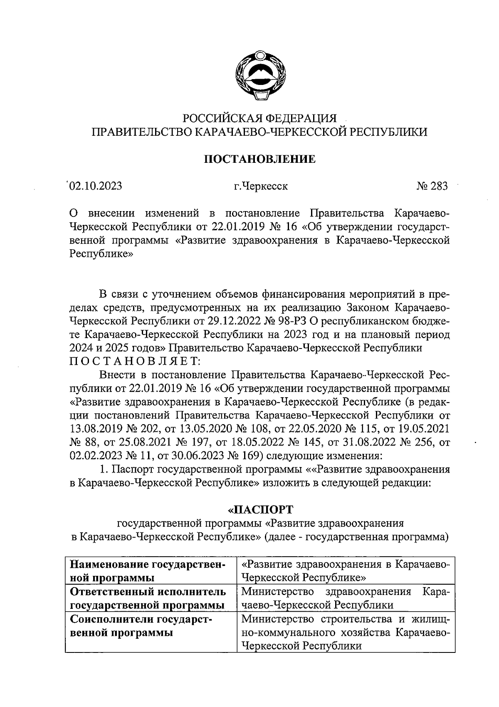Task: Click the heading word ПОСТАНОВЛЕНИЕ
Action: pos(259,159)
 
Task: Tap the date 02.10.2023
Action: pos(96,186)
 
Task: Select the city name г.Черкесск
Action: pos(260,186)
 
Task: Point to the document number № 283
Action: pos(432,186)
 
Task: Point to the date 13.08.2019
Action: pos(96,429)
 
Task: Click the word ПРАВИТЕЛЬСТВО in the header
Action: pos(141,132)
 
